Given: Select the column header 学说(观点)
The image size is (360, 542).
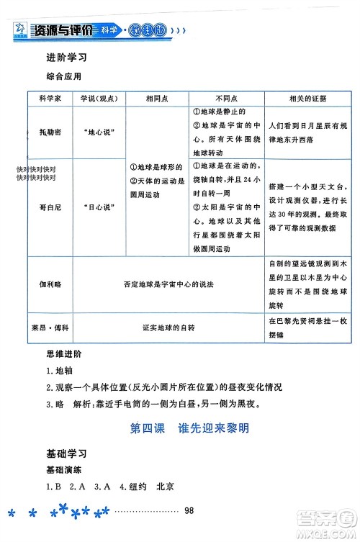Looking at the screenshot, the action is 96,99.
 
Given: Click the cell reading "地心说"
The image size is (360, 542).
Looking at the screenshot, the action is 96,132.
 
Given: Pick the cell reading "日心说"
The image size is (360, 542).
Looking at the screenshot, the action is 96,207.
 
